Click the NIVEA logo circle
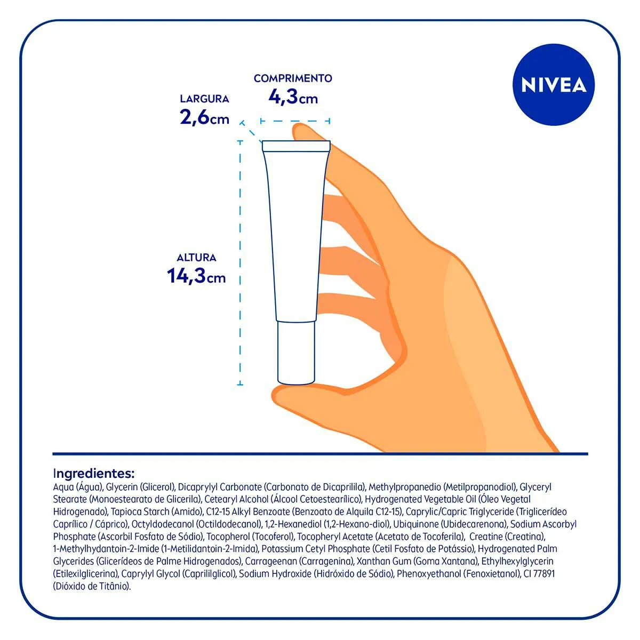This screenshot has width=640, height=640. (553, 85)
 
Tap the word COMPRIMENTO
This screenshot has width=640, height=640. (293, 78)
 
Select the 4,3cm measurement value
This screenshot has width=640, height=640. (293, 98)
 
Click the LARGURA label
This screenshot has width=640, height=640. (204, 99)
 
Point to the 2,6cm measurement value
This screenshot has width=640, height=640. (204, 117)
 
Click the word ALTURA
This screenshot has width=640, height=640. (196, 258)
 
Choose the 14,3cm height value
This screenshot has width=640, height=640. (196, 276)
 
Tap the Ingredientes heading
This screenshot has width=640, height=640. (94, 473)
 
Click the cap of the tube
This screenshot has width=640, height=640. (296, 353)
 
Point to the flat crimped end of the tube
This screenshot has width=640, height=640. (296, 146)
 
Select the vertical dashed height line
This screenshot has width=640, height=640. (240, 263)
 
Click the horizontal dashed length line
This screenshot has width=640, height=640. (295, 121)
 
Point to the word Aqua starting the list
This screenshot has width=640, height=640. (63, 487)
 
